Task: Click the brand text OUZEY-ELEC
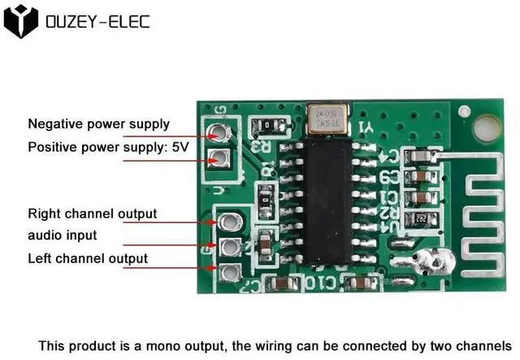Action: (97, 22)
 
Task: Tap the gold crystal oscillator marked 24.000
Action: (328, 117)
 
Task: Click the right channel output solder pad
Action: (230, 221)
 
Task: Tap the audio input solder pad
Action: (230, 246)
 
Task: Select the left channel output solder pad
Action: (230, 271)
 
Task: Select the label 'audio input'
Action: (63, 236)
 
